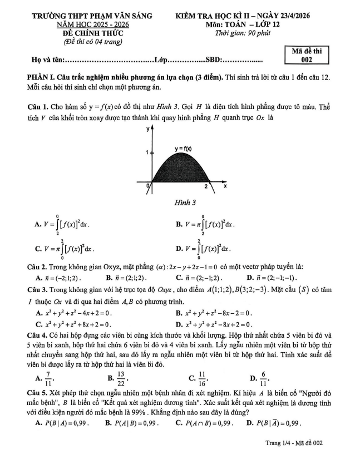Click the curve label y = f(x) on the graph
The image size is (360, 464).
point(183,149)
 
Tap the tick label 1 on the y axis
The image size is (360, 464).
point(147,152)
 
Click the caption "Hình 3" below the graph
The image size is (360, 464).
point(178,202)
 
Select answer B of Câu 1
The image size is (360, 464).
point(205,224)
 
